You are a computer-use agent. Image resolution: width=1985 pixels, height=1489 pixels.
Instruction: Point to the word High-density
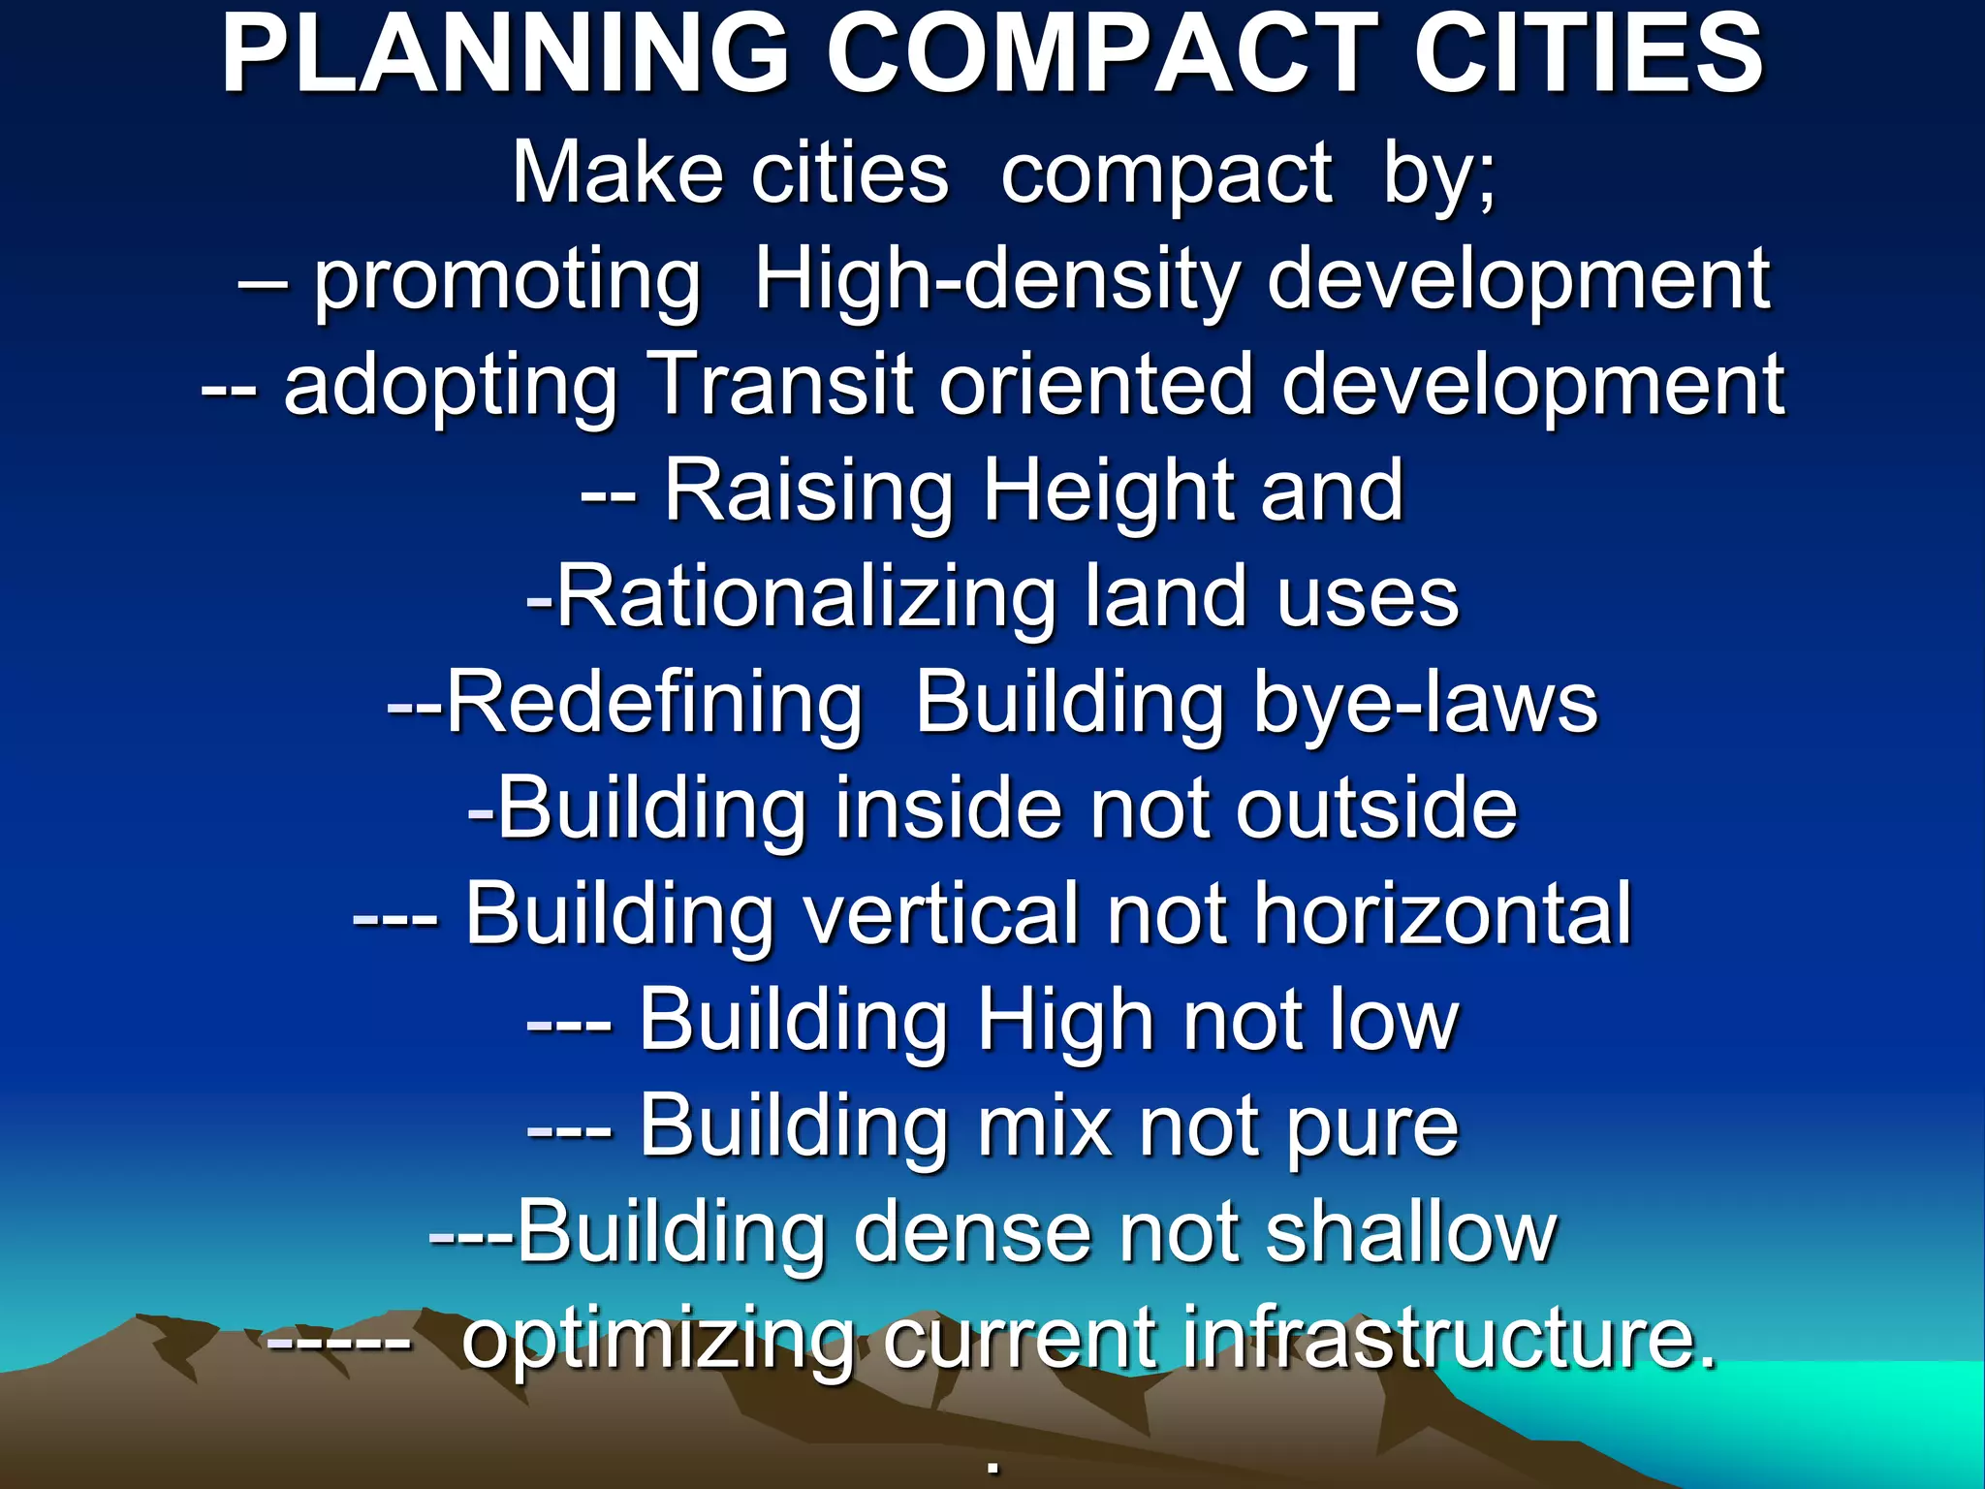pos(997,281)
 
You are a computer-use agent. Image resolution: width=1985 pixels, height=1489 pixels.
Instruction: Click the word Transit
pos(781,385)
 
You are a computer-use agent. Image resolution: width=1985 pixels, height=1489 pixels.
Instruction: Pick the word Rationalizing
pos(805,597)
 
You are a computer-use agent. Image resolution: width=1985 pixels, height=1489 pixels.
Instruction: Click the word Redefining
pos(653,703)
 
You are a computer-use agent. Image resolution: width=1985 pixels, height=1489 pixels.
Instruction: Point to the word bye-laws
pos(1425,703)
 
